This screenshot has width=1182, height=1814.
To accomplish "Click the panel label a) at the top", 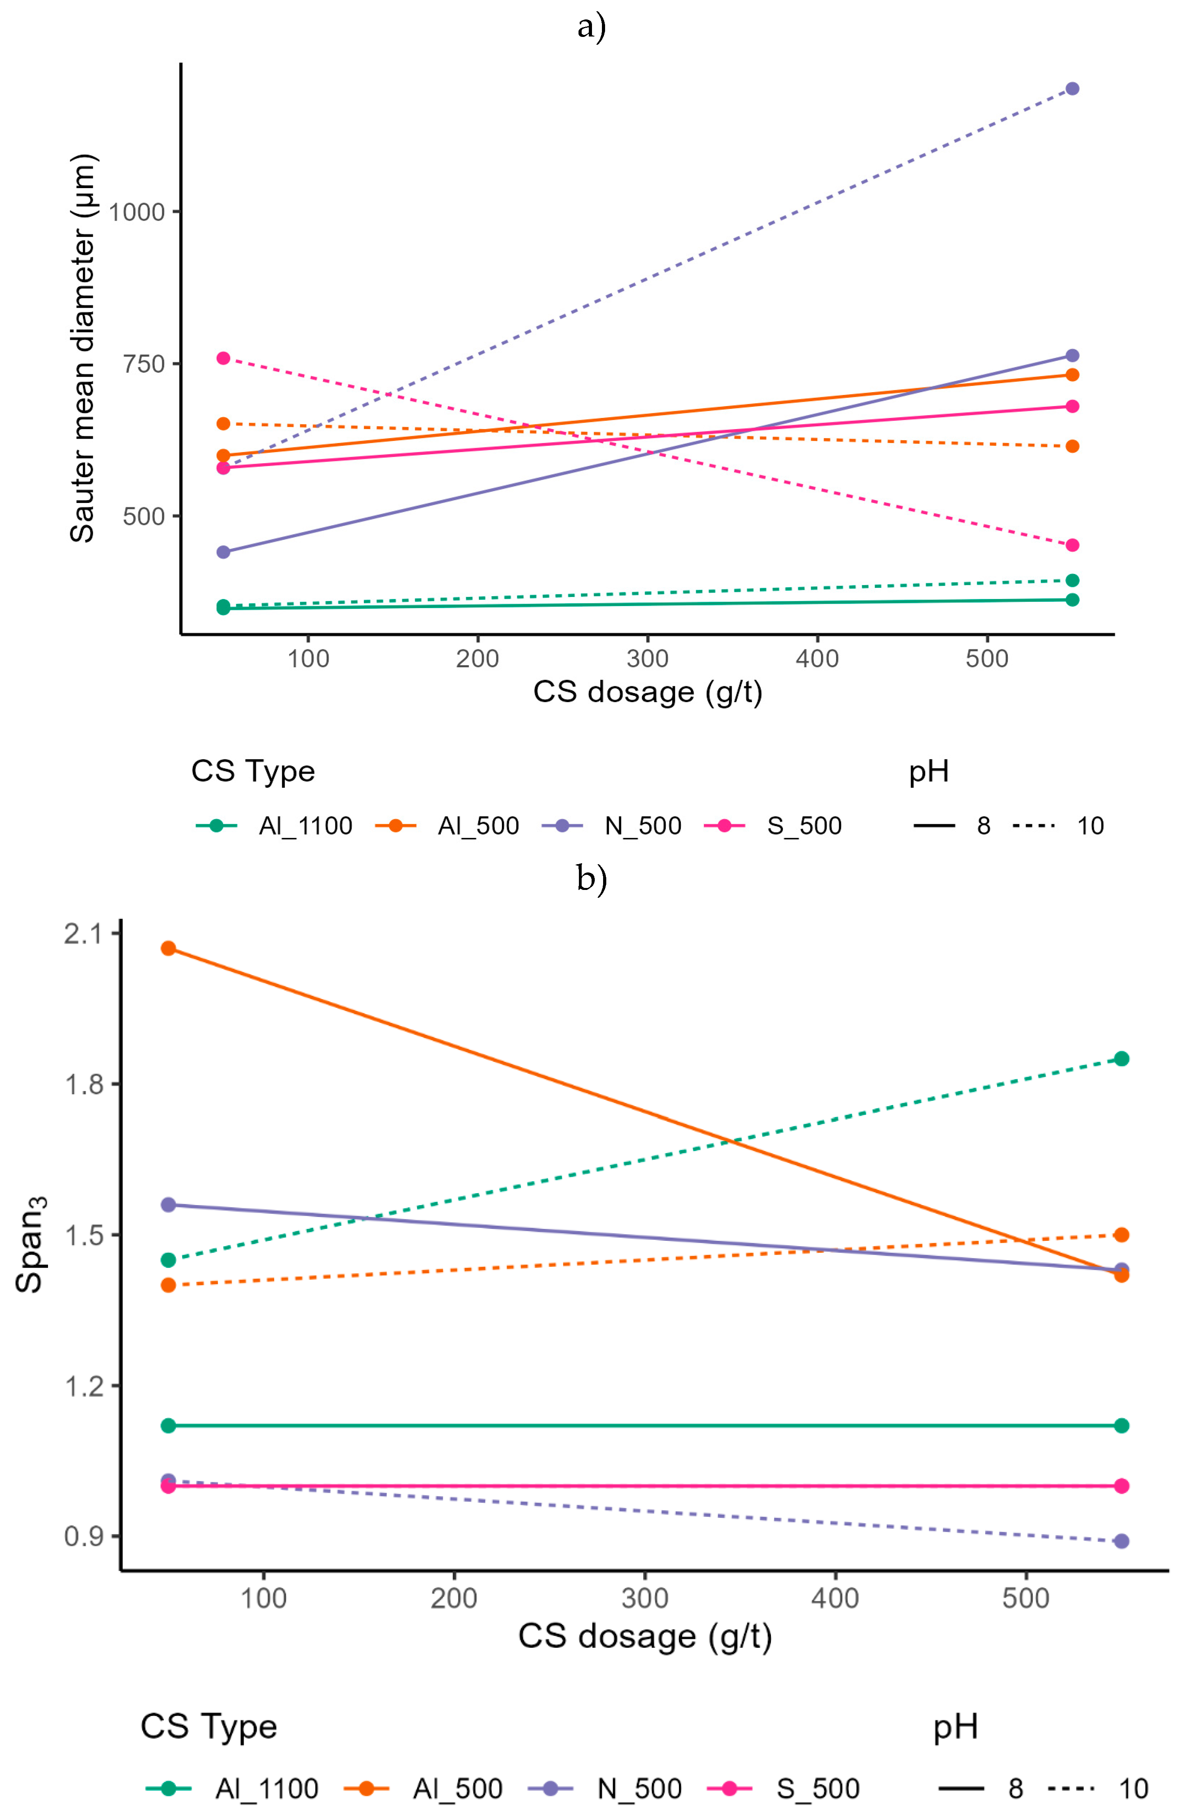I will [591, 27].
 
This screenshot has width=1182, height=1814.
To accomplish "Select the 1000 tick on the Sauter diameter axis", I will [137, 212].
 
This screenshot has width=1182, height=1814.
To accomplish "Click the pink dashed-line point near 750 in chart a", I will [223, 358].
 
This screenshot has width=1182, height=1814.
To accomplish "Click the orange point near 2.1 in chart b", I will [168, 948].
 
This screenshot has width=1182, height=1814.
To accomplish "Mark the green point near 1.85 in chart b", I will [1121, 1059].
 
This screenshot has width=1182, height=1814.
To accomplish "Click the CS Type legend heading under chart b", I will [208, 1726].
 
